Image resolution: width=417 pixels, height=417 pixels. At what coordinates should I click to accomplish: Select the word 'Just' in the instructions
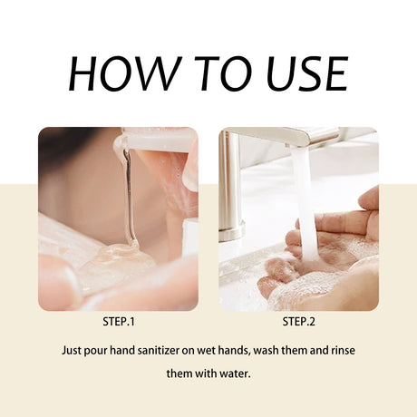pos(74,349)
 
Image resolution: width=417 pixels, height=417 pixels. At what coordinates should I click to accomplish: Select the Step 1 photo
pos(117,218)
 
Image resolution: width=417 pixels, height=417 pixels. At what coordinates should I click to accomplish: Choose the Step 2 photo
pos(298,218)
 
